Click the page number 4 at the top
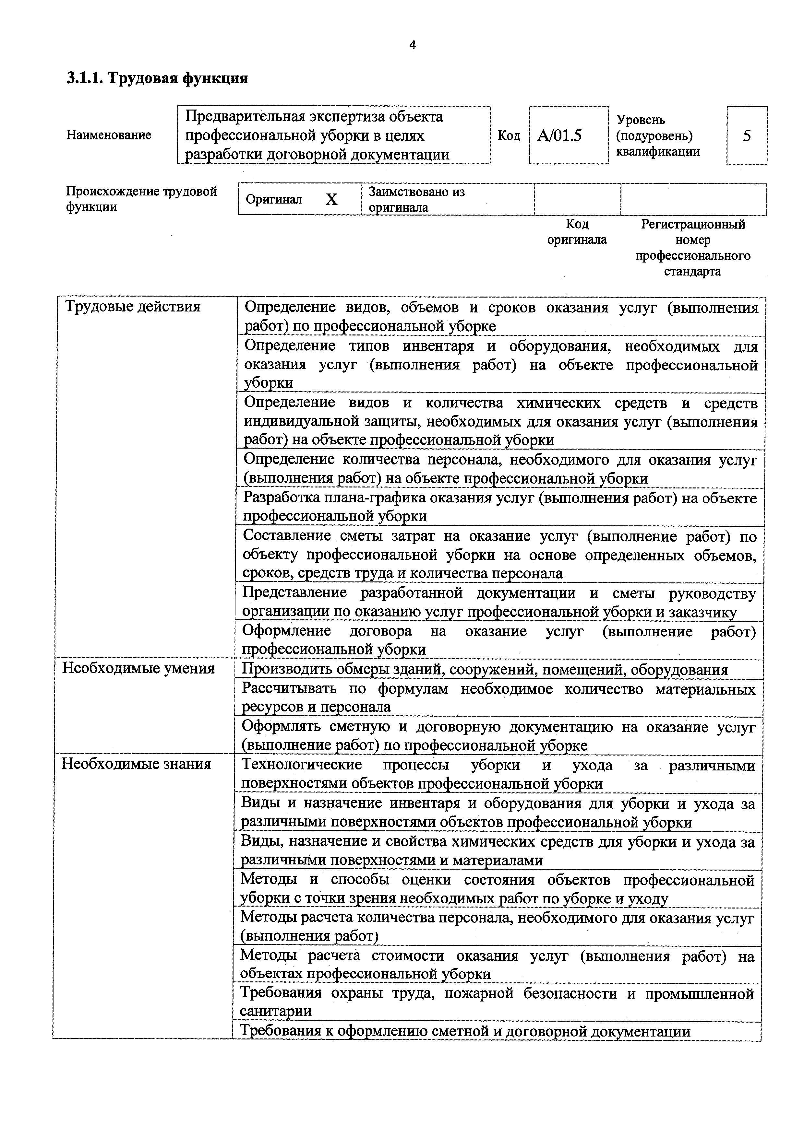click(x=413, y=46)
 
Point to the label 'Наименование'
click(x=109, y=135)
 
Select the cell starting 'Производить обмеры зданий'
click(x=485, y=670)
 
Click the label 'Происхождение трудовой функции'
click(x=141, y=199)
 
